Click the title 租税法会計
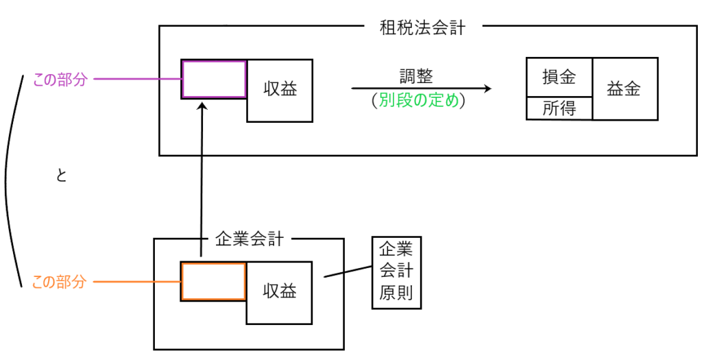[422, 28]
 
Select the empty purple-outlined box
[214, 80]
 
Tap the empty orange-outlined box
[213, 281]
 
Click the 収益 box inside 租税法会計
[280, 90]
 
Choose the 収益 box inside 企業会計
[280, 291]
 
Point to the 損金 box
[558, 77]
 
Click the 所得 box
[558, 108]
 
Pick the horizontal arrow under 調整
[421, 88]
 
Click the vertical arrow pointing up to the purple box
[201, 178]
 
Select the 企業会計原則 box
[396, 272]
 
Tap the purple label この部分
[60, 80]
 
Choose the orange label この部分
[60, 282]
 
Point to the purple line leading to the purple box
[137, 80]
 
